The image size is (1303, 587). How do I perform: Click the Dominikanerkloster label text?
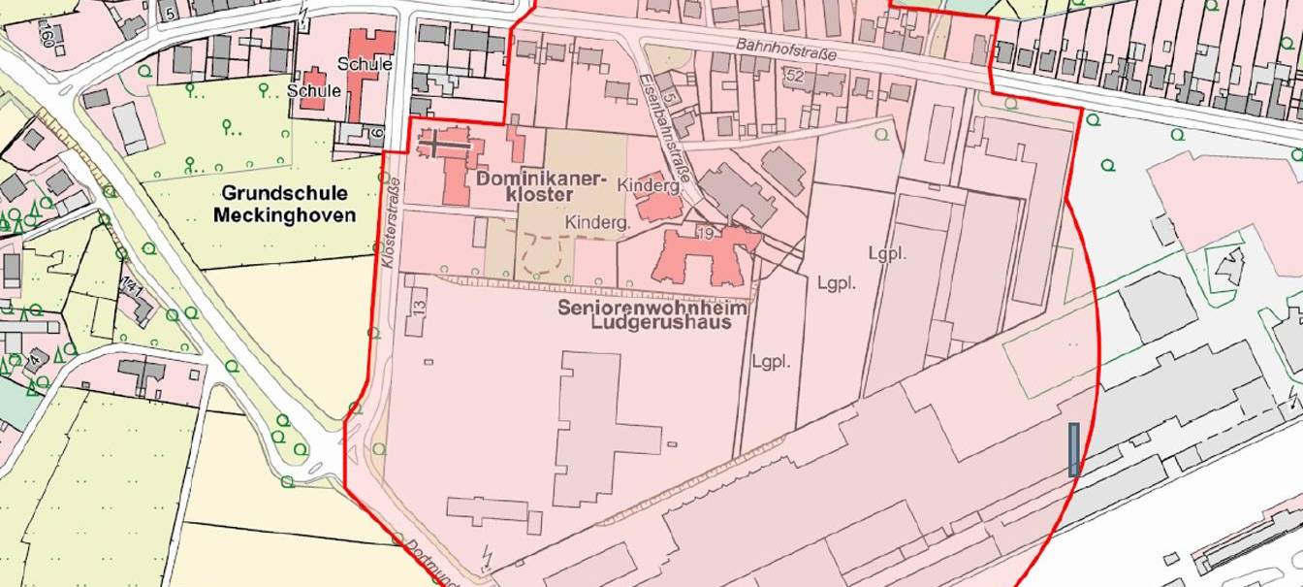(540, 186)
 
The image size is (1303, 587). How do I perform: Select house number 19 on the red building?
(705, 232)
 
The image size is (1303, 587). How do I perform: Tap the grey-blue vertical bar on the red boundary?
(1073, 449)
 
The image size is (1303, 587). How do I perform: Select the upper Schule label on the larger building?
(365, 64)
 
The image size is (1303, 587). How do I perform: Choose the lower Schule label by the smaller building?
(314, 90)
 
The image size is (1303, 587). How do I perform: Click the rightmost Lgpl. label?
(886, 254)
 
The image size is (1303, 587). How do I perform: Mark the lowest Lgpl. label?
(771, 361)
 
